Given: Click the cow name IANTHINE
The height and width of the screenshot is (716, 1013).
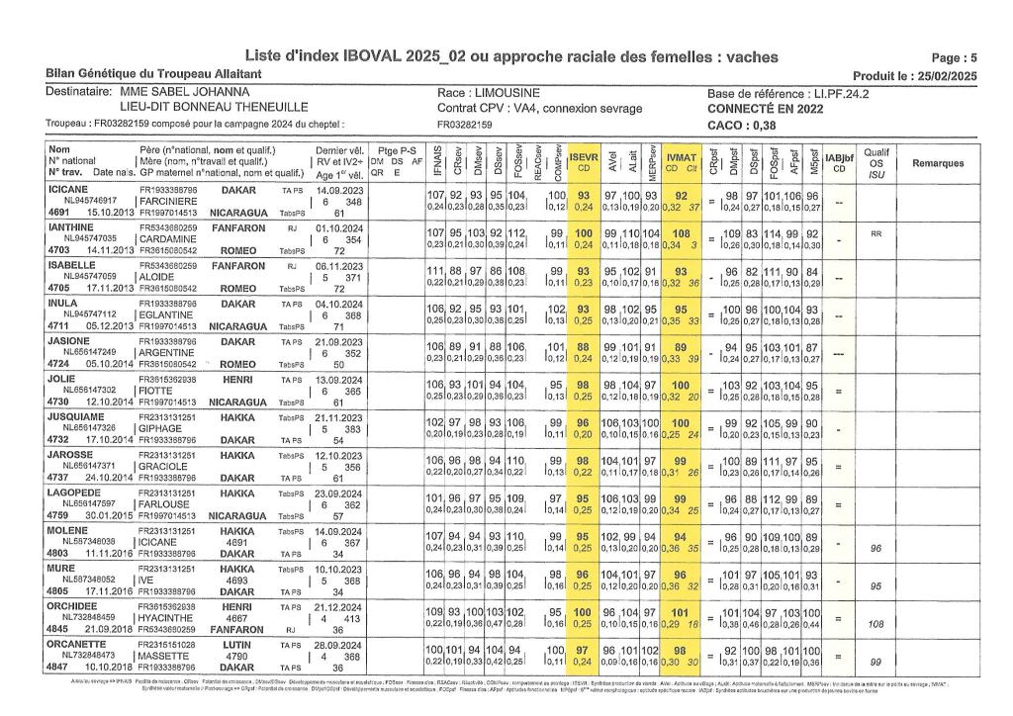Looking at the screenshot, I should (68, 227).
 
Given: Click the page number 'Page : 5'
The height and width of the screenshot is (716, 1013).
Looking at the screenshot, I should (955, 58).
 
